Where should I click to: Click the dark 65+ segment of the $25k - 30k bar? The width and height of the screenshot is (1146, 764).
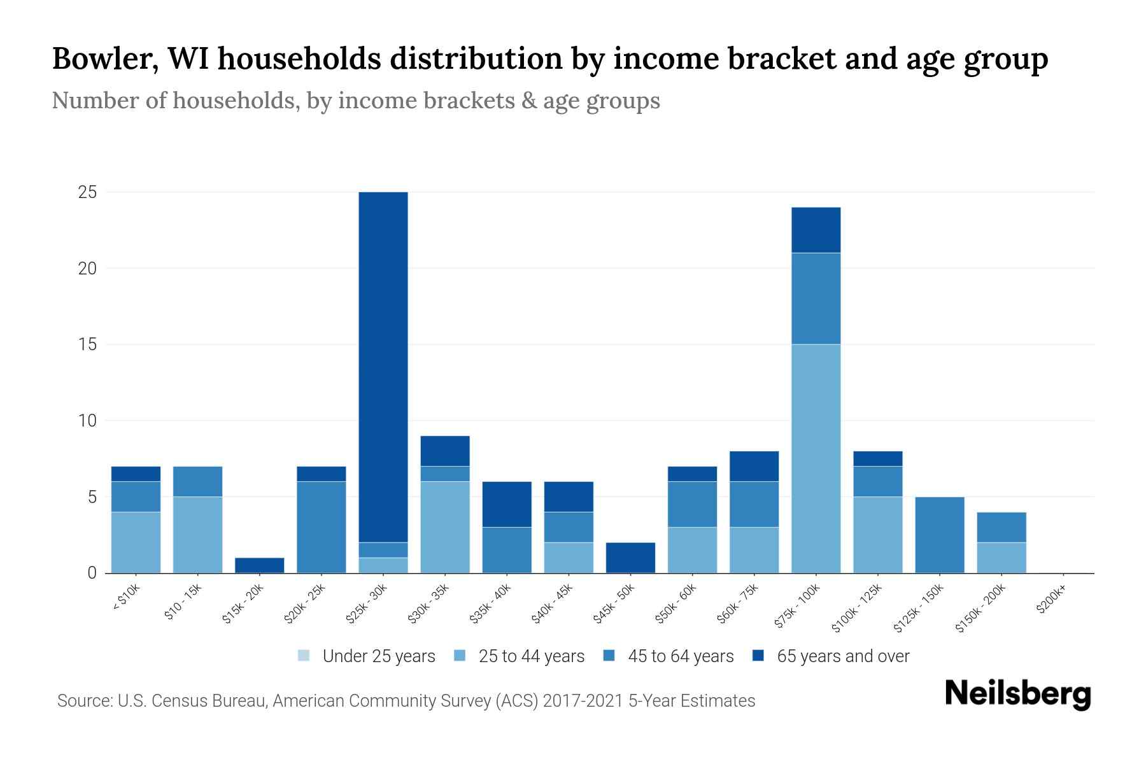pos(383,367)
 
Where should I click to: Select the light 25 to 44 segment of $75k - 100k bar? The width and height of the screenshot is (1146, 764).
pos(816,458)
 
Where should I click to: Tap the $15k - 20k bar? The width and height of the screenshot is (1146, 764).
pos(260,565)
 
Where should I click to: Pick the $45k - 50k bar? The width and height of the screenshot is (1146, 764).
pos(630,558)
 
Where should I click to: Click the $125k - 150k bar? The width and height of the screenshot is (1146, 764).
pos(940,535)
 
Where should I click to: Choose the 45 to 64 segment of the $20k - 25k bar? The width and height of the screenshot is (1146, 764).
pos(322,527)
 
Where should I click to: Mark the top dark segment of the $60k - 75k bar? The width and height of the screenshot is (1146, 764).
pos(754,466)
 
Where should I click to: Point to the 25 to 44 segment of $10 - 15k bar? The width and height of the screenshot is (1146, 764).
pos(198,535)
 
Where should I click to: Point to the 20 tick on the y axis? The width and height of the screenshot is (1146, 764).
pos(87,268)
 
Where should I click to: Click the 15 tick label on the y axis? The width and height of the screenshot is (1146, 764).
pos(87,344)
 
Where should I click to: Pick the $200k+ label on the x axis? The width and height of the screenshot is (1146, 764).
pos(1050,602)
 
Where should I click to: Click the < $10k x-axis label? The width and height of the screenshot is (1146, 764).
pos(127,598)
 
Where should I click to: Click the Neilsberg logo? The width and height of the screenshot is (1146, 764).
pos(1017,695)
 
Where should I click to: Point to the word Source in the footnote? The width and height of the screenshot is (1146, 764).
pos(83,701)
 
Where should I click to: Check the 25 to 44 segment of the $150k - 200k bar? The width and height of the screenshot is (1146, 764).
pos(1001,558)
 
